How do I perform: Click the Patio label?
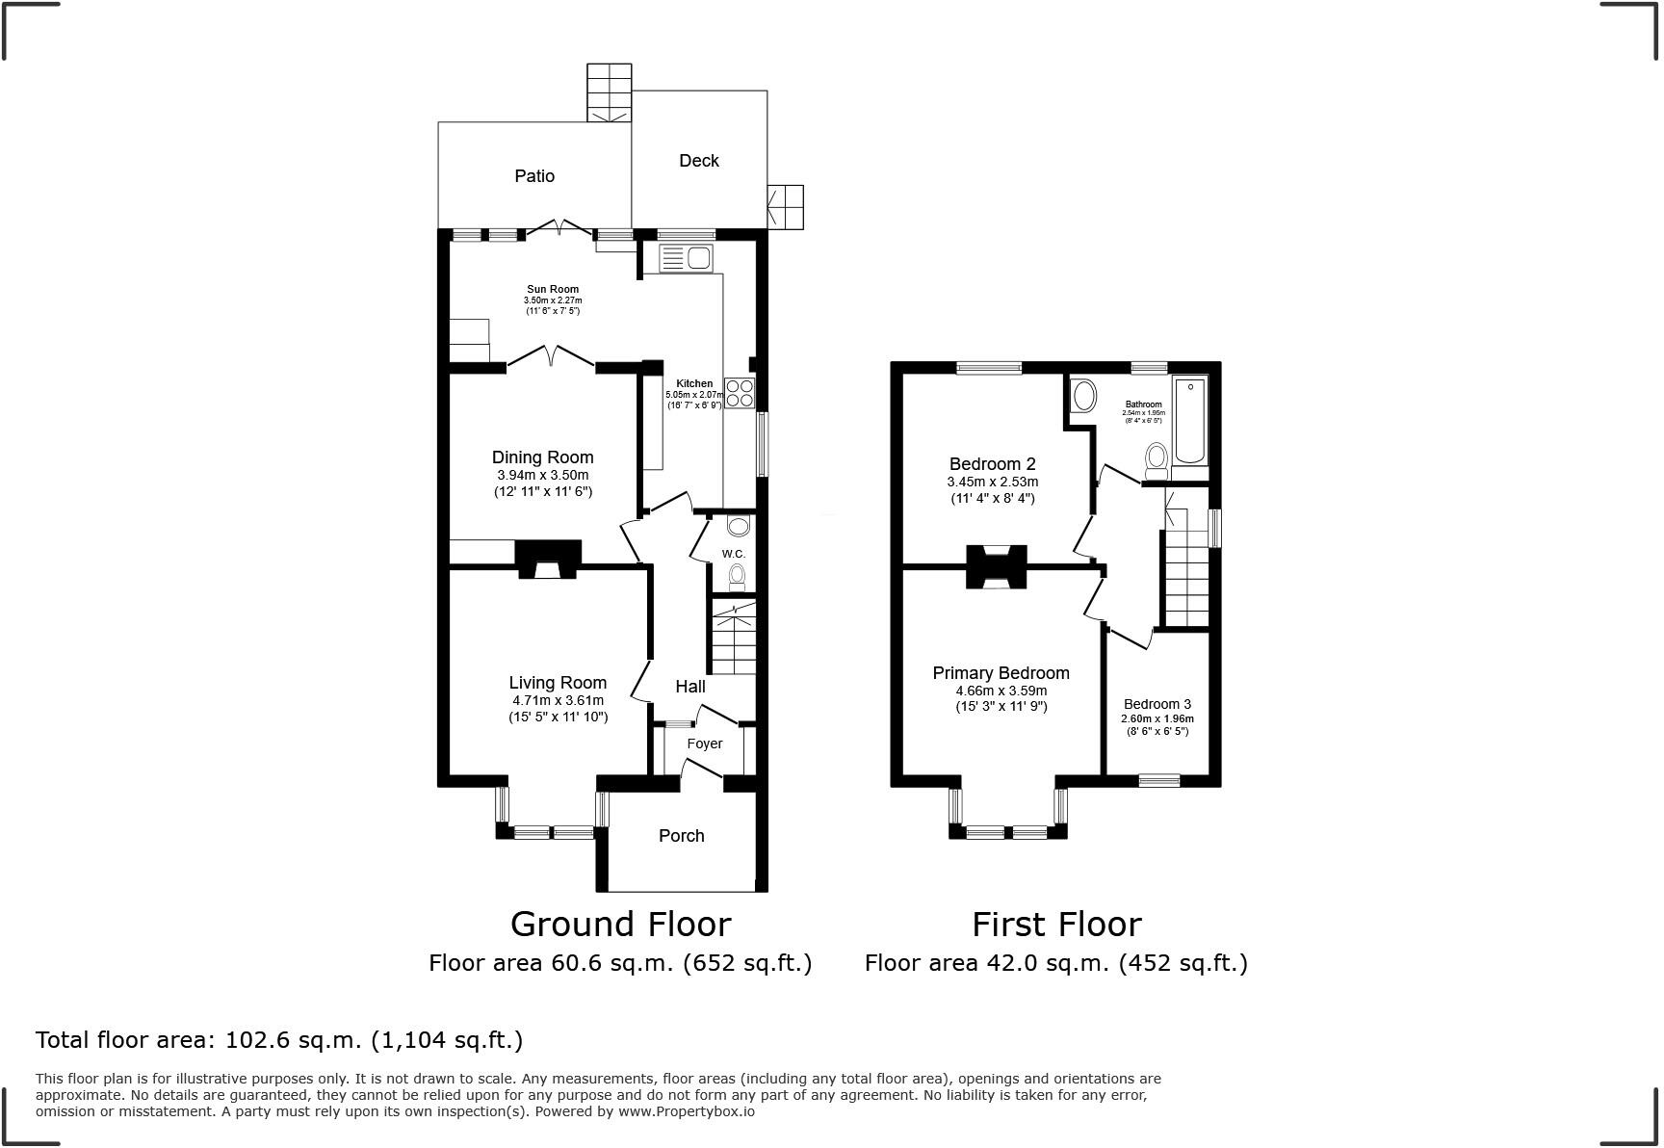[534, 176]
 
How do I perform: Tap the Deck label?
[699, 161]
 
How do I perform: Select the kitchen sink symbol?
[686, 258]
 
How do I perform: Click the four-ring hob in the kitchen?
[740, 393]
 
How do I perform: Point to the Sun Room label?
[553, 289]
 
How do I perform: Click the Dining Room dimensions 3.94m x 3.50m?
[542, 476]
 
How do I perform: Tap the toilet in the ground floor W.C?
[737, 577]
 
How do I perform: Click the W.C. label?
[734, 554]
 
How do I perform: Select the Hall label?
[690, 687]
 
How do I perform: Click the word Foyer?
[705, 744]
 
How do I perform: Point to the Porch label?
[682, 836]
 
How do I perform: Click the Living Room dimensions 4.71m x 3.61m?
[558, 701]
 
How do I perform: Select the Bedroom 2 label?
[992, 464]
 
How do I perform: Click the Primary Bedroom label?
[1001, 673]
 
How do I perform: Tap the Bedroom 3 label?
[1157, 704]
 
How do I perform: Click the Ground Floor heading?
[620, 925]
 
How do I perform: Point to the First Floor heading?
[1056, 925]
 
